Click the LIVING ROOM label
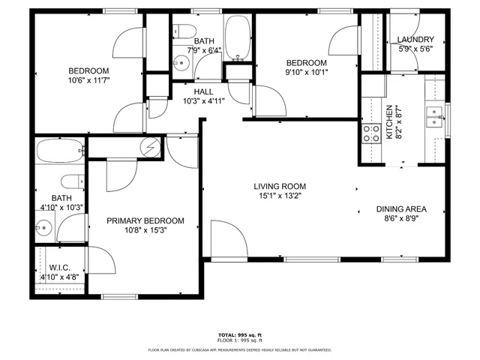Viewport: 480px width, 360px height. pos(279,186)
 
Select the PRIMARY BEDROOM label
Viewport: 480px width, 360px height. pos(145,220)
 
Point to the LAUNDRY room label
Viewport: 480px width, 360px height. pos(415,40)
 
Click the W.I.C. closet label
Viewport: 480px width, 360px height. pos(60,267)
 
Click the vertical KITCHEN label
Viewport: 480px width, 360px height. pos(389,122)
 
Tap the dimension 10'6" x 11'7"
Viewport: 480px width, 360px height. pos(89,80)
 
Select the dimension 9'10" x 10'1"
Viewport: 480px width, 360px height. pos(305,73)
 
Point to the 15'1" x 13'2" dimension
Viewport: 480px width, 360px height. pos(279,196)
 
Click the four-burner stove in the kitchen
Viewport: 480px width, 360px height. pos(371,133)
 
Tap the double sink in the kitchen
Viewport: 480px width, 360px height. pos(433,116)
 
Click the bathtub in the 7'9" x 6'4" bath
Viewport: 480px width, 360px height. pos(238,37)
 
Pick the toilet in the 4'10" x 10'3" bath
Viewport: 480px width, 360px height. pos(73,182)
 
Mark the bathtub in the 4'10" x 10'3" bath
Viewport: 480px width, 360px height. pos(58,151)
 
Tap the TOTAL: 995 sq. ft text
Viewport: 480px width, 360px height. pos(240,334)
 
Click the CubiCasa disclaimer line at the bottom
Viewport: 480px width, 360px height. pos(240,349)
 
